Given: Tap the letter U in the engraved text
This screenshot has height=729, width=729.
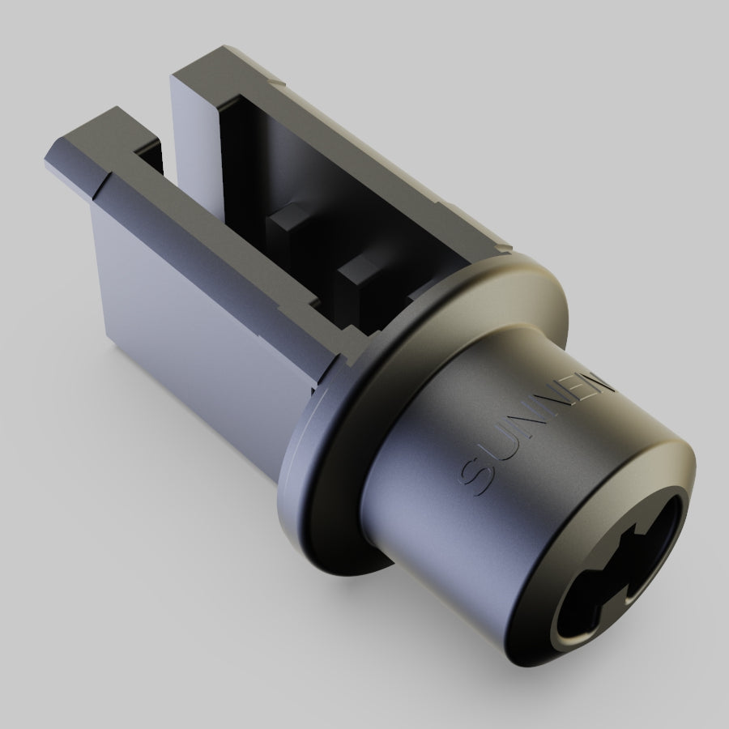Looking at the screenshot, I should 505,454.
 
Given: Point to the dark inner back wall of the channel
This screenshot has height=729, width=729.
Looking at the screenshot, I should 267,146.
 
